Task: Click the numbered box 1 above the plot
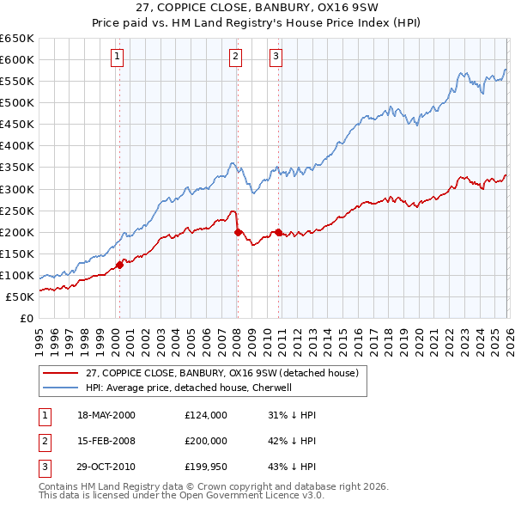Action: pyautogui.click(x=117, y=58)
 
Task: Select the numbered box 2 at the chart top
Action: pyautogui.click(x=235, y=58)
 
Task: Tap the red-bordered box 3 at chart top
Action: pyautogui.click(x=276, y=58)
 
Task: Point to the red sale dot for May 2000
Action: pyautogui.click(x=120, y=265)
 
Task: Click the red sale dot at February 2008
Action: pyautogui.click(x=238, y=232)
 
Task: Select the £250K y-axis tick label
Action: pyautogui.click(x=16, y=211)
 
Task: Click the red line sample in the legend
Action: pyautogui.click(x=62, y=373)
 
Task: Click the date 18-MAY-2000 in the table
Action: pyautogui.click(x=106, y=415)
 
